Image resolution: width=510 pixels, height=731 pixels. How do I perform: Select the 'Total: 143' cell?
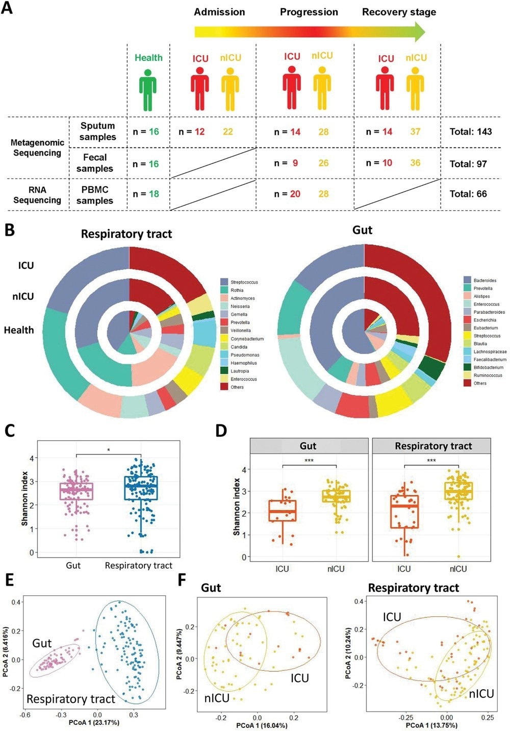coord(470,132)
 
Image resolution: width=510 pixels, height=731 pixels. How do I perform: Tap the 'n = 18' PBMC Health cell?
coord(146,194)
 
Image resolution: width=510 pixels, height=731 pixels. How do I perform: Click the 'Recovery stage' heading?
coord(399,12)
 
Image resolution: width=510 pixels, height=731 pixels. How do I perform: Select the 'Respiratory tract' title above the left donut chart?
coord(126,234)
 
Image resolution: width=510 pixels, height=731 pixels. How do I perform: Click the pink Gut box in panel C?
coord(76,491)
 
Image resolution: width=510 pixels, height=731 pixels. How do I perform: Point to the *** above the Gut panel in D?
coord(309,461)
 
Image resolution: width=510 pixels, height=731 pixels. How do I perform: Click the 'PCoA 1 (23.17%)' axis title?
coord(94,722)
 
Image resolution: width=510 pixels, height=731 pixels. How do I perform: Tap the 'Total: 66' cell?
coord(468,194)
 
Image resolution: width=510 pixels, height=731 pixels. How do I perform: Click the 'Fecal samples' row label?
coord(95,163)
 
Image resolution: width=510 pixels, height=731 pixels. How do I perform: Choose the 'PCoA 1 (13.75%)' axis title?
coord(431,725)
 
